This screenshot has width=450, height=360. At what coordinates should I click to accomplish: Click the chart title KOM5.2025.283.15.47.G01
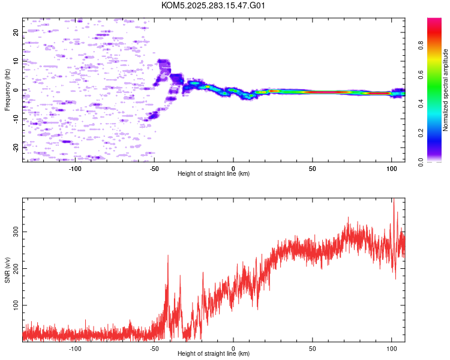pyautogui.click(x=213, y=5)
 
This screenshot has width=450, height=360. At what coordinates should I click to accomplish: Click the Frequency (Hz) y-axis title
pyautogui.click(x=7, y=90)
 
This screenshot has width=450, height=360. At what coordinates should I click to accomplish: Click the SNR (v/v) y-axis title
pyautogui.click(x=7, y=270)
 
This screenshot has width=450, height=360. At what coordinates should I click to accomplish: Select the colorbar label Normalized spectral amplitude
pyautogui.click(x=445, y=90)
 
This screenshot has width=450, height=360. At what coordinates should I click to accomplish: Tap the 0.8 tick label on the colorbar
pyautogui.click(x=421, y=45)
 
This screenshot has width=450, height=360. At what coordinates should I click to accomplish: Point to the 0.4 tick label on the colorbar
pyautogui.click(x=421, y=103)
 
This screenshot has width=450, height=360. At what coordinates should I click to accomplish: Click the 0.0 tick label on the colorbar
pyautogui.click(x=421, y=162)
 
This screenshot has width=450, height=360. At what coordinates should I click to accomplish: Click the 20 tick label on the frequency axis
pyautogui.click(x=16, y=32)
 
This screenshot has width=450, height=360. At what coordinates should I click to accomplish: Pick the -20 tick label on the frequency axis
pyautogui.click(x=16, y=148)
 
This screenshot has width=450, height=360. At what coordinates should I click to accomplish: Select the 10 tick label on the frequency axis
pyautogui.click(x=16, y=61)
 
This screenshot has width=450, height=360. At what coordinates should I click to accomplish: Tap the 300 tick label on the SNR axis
pyautogui.click(x=16, y=232)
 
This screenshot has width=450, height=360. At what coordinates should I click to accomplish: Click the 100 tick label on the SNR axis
pyautogui.click(x=16, y=305)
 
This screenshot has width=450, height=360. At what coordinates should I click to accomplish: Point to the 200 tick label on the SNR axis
pyautogui.click(x=16, y=268)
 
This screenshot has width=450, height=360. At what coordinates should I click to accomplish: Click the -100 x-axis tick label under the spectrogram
pyautogui.click(x=75, y=169)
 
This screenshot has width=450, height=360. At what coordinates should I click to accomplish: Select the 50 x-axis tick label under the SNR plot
pyautogui.click(x=312, y=349)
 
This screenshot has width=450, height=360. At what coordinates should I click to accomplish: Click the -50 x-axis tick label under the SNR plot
pyautogui.click(x=154, y=349)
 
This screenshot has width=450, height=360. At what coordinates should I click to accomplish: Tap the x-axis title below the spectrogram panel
pyautogui.click(x=214, y=173)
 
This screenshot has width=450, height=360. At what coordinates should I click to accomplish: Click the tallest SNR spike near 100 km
pyautogui.click(x=394, y=199)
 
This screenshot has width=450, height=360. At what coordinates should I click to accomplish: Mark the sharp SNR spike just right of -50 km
pyautogui.click(x=168, y=255)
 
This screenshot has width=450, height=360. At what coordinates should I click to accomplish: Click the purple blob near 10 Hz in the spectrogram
pyautogui.click(x=164, y=66)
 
